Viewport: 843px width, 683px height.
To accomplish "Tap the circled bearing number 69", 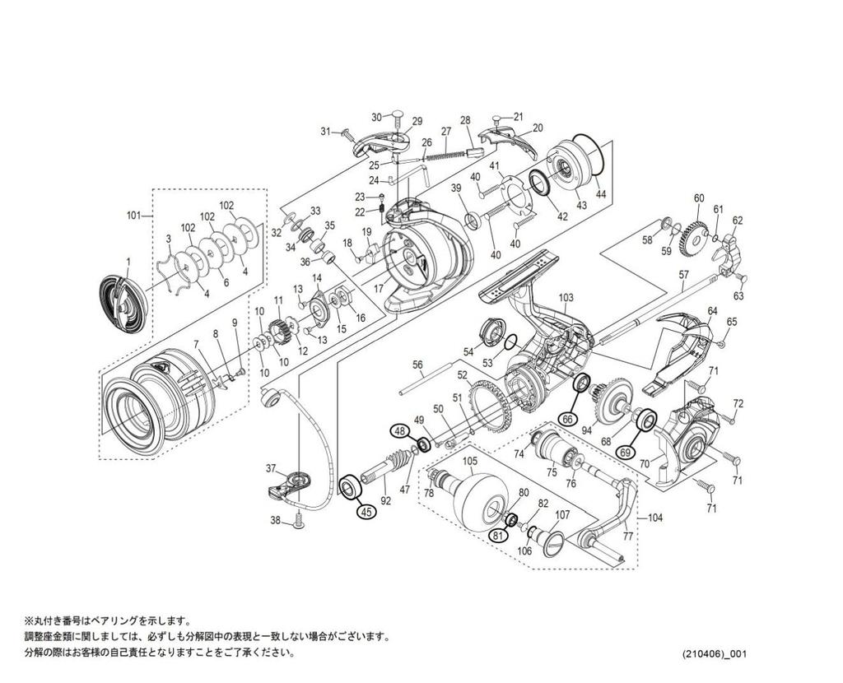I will pos(626,452).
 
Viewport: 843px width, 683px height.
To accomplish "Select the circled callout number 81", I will pos(496,536).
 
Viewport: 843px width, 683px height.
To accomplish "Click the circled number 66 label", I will pos(566,418).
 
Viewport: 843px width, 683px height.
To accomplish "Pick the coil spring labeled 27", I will pos(449,150).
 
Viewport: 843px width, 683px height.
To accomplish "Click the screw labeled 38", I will pos(299,519).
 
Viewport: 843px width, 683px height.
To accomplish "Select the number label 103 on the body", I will pos(566,297).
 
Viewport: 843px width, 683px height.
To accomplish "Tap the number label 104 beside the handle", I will pos(655,519).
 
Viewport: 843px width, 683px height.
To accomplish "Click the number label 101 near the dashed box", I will pos(133,216).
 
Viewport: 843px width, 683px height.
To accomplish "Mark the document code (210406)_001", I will pos(714,654).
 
